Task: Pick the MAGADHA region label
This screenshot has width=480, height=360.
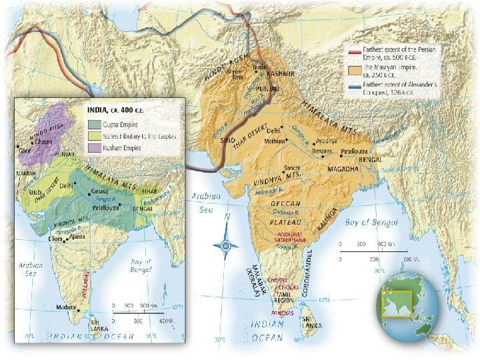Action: (345, 169)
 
